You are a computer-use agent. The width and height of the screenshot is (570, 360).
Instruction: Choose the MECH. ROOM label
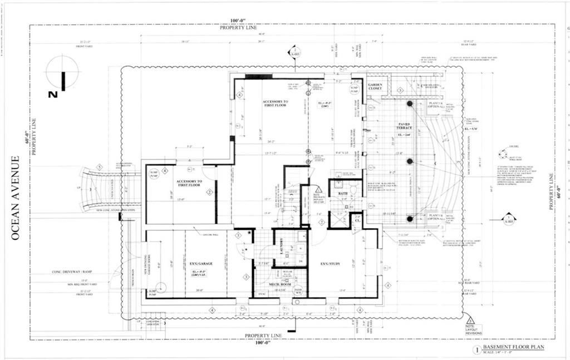281,284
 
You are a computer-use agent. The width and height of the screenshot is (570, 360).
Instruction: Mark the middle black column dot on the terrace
410,161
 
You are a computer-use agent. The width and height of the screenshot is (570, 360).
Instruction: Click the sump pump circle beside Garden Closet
354,88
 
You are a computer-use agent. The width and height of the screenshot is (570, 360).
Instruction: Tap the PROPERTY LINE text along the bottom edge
265,336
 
